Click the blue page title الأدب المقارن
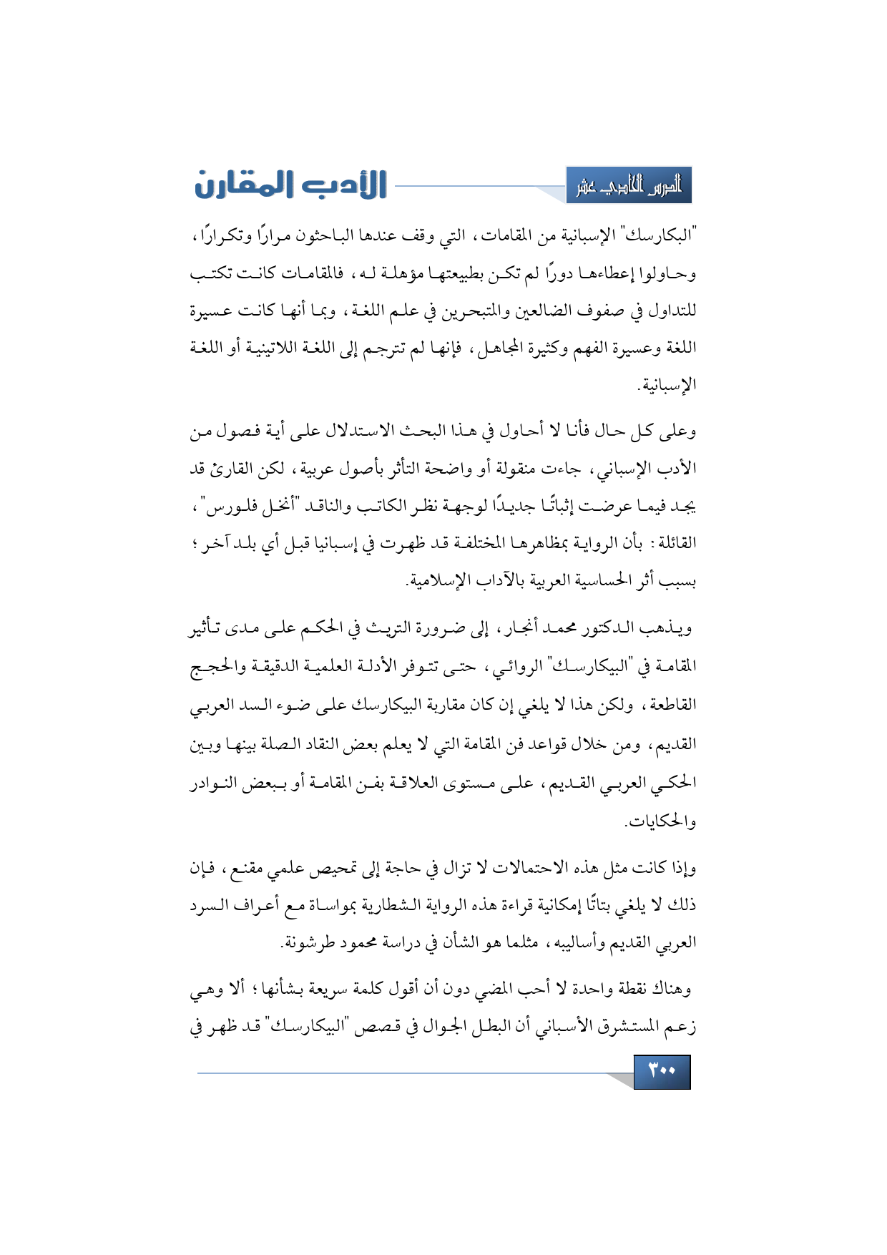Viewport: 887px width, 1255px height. point(290,185)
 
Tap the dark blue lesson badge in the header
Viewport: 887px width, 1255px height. point(629,186)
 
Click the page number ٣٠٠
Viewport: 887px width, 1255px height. point(662,1071)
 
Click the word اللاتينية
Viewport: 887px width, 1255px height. point(282,348)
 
